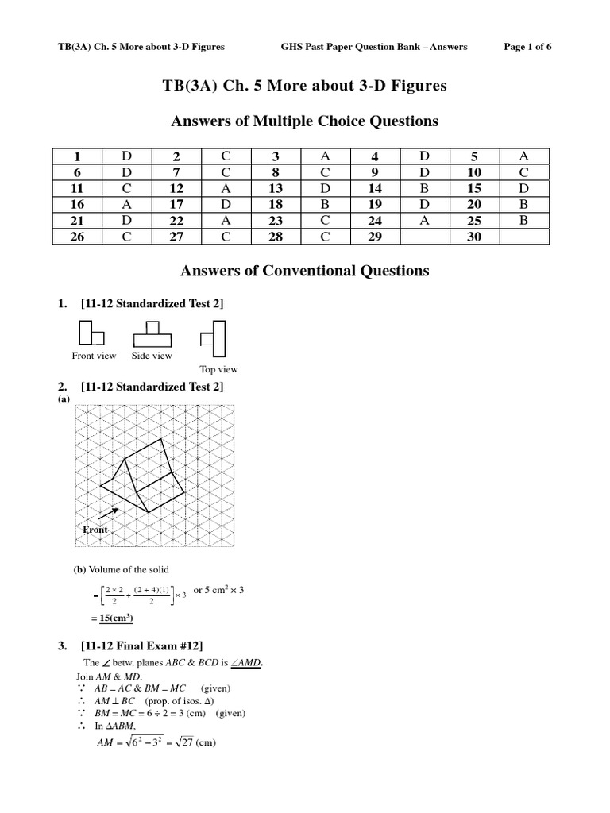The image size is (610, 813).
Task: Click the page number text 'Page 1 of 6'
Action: [527, 47]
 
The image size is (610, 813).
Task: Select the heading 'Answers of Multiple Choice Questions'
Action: [305, 121]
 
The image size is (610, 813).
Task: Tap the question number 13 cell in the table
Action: [276, 188]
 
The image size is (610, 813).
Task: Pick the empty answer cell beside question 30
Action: [523, 236]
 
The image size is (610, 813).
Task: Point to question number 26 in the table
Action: [77, 236]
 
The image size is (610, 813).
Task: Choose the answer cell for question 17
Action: [226, 204]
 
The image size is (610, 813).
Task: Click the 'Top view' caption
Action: [218, 369]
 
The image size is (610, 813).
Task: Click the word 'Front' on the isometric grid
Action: [95, 530]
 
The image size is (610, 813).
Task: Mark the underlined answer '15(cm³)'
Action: [110, 618]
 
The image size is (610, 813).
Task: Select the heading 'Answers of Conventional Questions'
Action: [305, 271]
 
